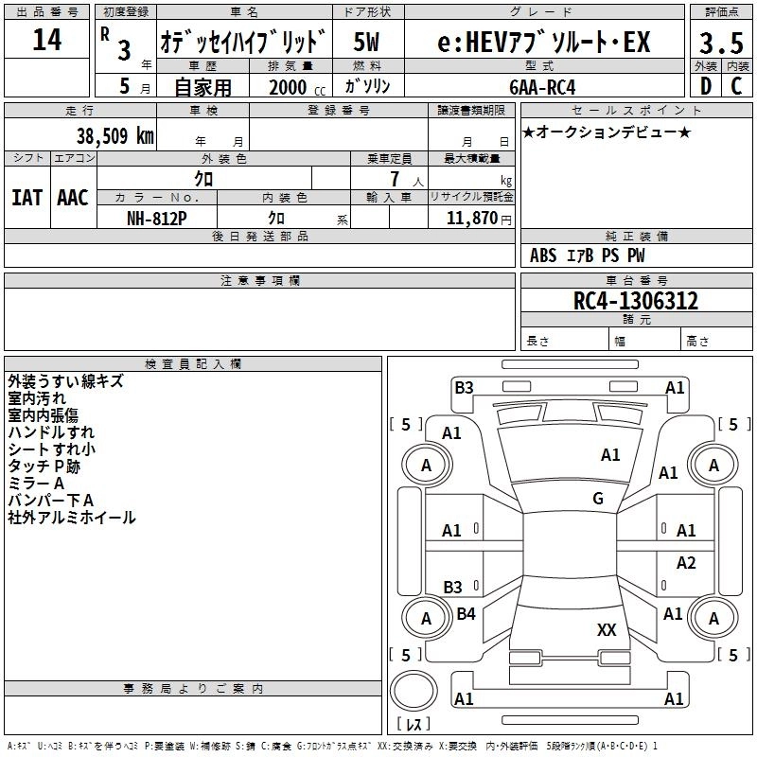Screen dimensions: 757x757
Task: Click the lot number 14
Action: click(x=46, y=41)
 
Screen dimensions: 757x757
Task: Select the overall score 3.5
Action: click(x=721, y=44)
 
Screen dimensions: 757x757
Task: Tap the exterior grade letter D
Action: click(x=705, y=85)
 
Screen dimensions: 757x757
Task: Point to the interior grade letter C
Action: click(x=737, y=85)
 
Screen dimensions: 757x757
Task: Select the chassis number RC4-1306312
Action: click(x=636, y=302)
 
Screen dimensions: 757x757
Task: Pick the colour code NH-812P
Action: click(x=157, y=218)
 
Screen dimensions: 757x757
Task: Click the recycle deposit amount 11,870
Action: click(x=471, y=218)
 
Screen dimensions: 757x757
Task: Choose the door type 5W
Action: click(x=367, y=43)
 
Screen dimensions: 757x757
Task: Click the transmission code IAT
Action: click(x=26, y=198)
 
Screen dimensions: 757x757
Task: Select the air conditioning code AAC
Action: click(x=72, y=198)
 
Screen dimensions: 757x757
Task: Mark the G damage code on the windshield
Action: click(x=598, y=499)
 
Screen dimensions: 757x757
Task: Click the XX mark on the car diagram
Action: click(x=607, y=629)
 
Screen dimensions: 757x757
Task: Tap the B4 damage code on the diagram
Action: click(x=466, y=614)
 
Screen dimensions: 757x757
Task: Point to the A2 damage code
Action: click(x=687, y=563)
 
